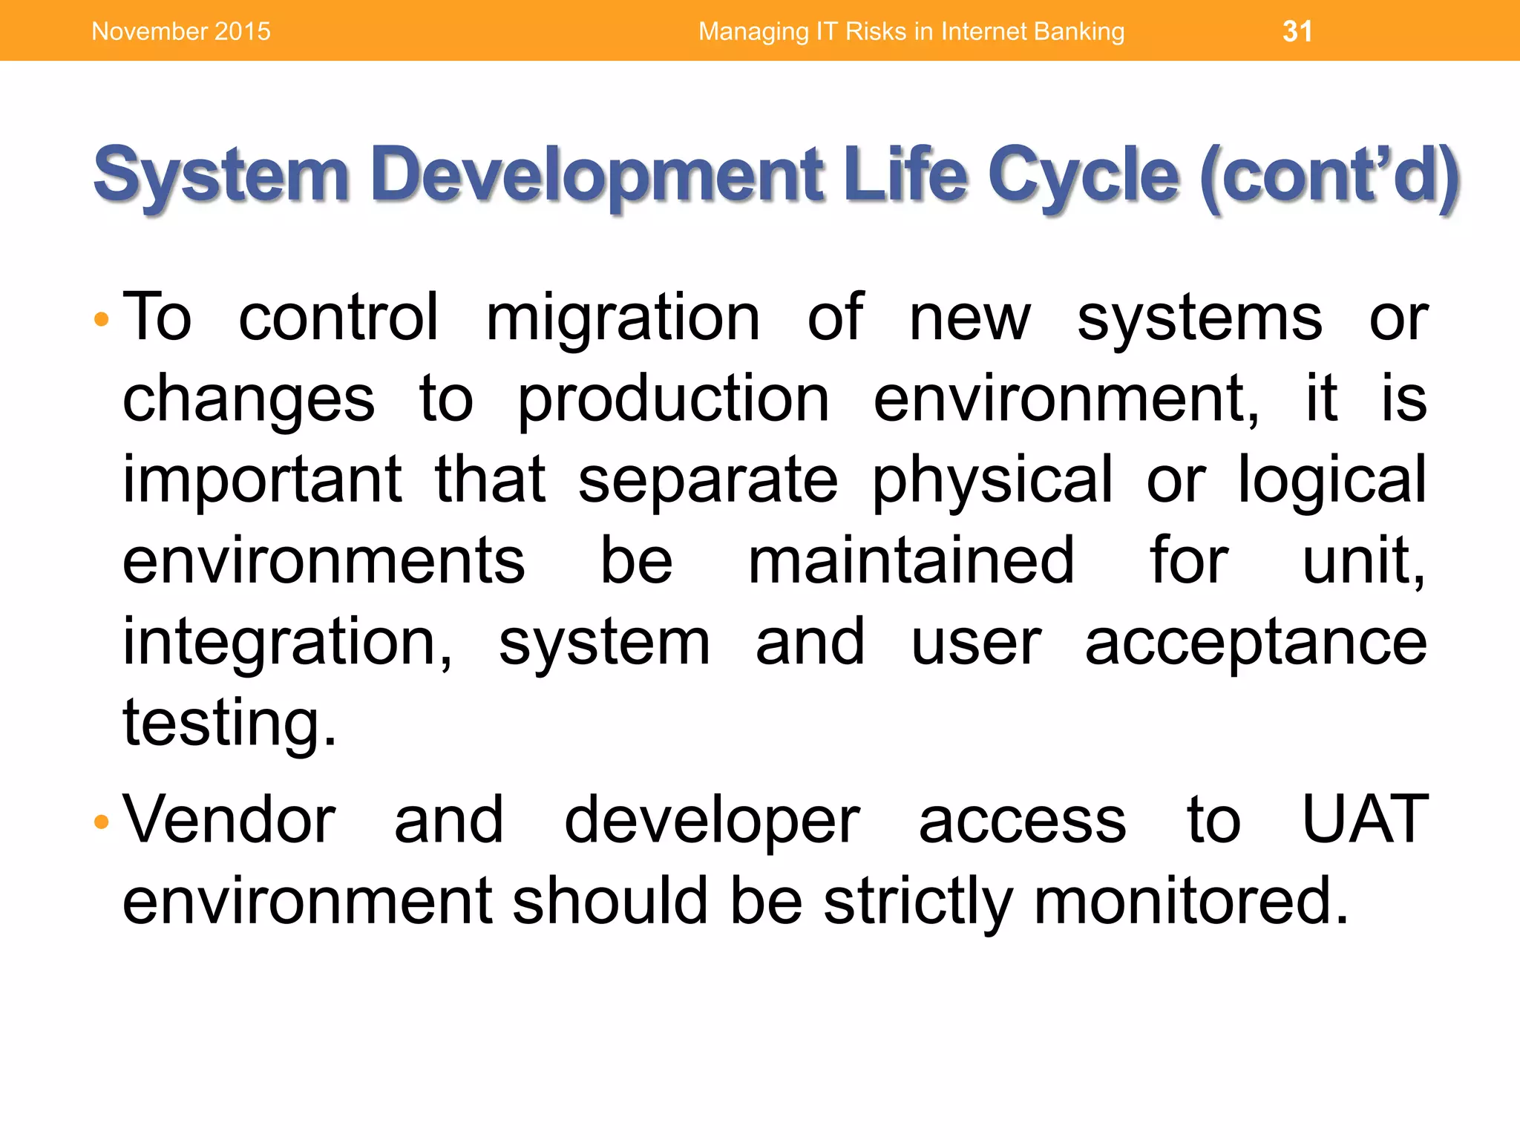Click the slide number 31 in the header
[x=1297, y=31]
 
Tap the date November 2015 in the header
[x=181, y=31]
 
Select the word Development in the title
[x=598, y=175]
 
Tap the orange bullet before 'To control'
[x=102, y=320]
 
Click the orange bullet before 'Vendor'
[x=102, y=822]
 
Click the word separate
[x=708, y=481]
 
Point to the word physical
[x=992, y=481]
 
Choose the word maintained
[x=911, y=561]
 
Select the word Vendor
[x=229, y=820]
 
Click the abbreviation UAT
[x=1366, y=820]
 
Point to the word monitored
[x=1190, y=902]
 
